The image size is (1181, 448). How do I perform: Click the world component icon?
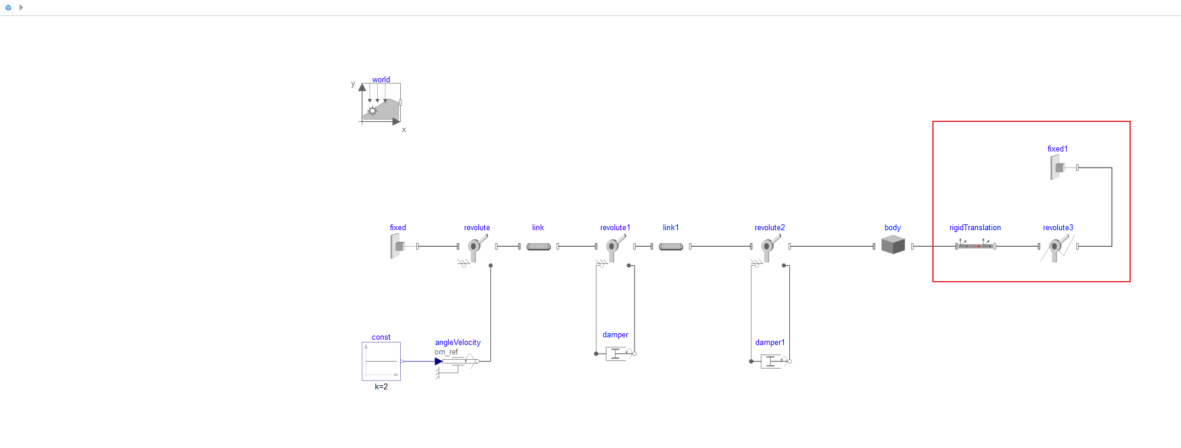[381, 103]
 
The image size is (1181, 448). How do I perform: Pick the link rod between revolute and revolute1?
[538, 246]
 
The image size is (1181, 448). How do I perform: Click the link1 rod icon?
[671, 246]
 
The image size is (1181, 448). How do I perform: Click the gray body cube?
[893, 244]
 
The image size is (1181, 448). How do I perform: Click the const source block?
[381, 361]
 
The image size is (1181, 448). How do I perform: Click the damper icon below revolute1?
[616, 354]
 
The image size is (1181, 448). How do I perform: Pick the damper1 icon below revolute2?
[771, 361]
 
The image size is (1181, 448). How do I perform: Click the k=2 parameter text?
[381, 386]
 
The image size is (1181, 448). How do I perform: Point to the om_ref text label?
[446, 352]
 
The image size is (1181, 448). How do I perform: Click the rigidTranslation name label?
[975, 227]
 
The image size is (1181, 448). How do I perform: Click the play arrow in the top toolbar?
[21, 8]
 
